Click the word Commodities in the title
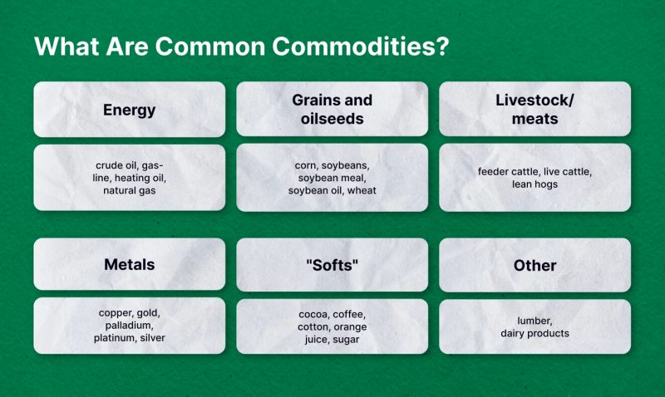pyautogui.click(x=361, y=46)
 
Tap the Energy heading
pyautogui.click(x=130, y=110)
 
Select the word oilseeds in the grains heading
pyautogui.click(x=332, y=119)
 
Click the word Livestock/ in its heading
pyautogui.click(x=534, y=100)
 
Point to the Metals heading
pyautogui.click(x=130, y=264)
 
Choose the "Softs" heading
pyautogui.click(x=332, y=265)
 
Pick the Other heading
pyautogui.click(x=534, y=266)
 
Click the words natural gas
pyautogui.click(x=130, y=191)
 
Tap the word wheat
pyautogui.click(x=362, y=191)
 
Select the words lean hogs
pyautogui.click(x=534, y=184)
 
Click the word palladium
pyautogui.click(x=130, y=326)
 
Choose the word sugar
pyautogui.click(x=346, y=340)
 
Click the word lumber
pyautogui.click(x=534, y=321)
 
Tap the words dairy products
pyautogui.click(x=534, y=333)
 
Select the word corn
pyautogui.click(x=306, y=165)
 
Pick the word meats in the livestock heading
pyautogui.click(x=534, y=119)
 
